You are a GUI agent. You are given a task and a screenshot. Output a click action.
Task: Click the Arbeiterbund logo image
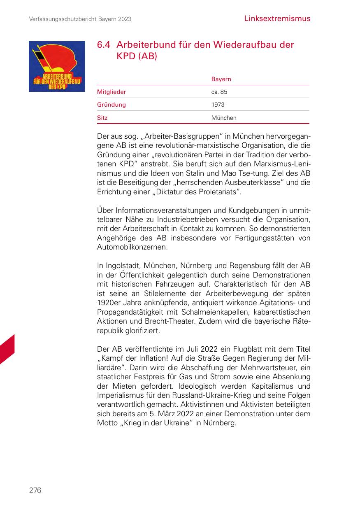(x=57, y=66)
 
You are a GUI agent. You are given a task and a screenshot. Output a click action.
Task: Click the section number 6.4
(x=104, y=45)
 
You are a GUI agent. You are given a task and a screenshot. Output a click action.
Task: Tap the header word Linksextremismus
(x=277, y=19)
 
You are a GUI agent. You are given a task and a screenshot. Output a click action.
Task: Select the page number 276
(x=35, y=490)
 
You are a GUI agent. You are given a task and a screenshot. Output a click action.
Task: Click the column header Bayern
(x=221, y=79)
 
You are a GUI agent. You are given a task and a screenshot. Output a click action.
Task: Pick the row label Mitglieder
(x=111, y=92)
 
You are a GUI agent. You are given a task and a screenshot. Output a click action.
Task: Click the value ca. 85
(x=219, y=92)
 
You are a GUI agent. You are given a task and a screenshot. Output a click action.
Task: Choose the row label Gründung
(x=111, y=105)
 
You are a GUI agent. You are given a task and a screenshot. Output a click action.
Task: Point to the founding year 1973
(x=218, y=105)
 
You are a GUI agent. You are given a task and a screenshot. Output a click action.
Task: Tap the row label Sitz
(x=102, y=118)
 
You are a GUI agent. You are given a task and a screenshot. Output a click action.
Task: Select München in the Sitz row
(x=224, y=118)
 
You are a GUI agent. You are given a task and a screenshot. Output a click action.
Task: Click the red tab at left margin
(x=7, y=350)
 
